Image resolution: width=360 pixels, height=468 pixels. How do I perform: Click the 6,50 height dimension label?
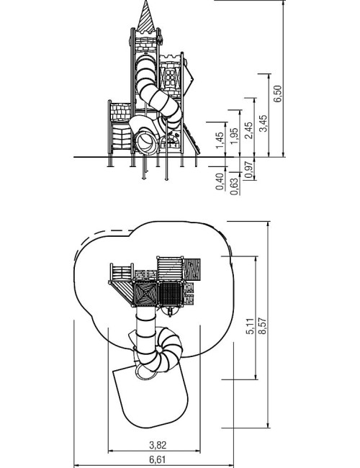point(277,94)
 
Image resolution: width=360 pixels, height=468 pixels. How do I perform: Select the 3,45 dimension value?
point(264,123)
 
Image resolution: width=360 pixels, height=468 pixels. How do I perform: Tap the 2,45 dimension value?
point(248,130)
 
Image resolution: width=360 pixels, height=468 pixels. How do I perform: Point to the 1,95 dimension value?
point(235,136)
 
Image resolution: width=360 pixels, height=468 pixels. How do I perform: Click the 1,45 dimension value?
point(220,140)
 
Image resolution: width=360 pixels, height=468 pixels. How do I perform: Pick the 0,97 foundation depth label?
point(248,169)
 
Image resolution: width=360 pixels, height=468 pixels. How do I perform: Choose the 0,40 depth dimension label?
point(220,181)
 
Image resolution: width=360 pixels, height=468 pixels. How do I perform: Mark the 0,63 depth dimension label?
point(235,186)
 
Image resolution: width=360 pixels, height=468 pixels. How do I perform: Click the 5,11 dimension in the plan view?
point(250,326)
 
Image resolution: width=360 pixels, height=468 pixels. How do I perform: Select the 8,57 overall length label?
point(262,326)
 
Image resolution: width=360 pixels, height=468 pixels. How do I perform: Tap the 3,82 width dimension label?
point(158,445)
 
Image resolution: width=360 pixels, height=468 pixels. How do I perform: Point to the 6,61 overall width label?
point(157,459)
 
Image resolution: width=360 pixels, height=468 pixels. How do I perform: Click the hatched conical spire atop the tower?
point(146,17)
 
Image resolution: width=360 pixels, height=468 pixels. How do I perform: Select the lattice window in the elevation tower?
point(171,78)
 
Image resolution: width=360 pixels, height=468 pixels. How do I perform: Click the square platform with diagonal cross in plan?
point(145,294)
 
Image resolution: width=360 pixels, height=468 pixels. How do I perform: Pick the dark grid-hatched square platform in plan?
point(171,294)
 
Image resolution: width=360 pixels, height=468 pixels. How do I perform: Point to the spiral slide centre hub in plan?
point(158,349)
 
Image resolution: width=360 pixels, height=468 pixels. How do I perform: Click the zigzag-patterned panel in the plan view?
point(192,269)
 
